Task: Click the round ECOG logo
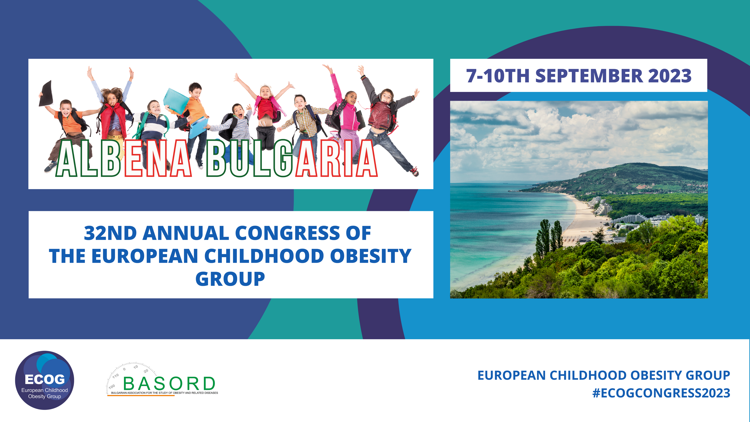[45, 380]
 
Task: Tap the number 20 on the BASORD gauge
[146, 371]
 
